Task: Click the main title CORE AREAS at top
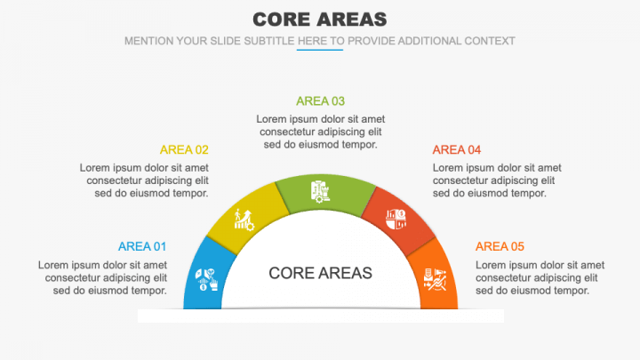coord(319,19)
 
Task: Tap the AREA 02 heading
coord(184,149)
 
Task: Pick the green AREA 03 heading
coord(320,100)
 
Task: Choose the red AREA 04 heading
coord(456,149)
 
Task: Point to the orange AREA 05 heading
coord(500,246)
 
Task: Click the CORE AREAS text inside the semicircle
coord(320,273)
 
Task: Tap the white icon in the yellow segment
coord(244,219)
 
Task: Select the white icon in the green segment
coord(321,191)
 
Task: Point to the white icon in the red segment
coord(396,218)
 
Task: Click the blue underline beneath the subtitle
coord(319,50)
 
